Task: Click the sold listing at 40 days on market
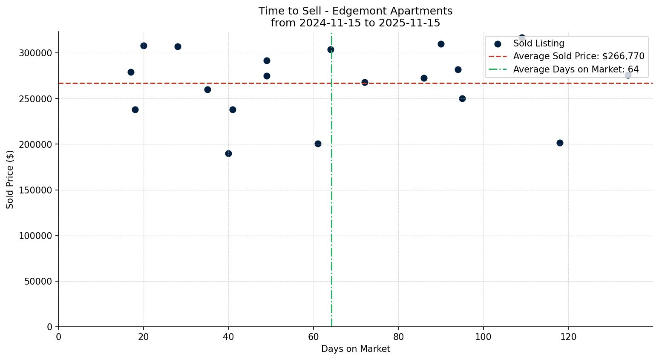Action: (228, 153)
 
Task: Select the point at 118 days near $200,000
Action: (560, 143)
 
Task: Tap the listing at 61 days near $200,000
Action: (318, 144)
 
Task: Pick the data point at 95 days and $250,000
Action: (462, 98)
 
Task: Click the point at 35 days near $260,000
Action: (207, 89)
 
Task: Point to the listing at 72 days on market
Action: (365, 82)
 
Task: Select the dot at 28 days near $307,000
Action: (178, 46)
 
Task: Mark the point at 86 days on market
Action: (424, 78)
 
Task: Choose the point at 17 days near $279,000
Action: (131, 72)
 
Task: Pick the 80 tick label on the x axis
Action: (398, 337)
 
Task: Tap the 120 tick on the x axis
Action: (568, 337)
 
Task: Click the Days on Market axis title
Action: (355, 349)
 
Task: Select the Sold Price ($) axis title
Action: (10, 179)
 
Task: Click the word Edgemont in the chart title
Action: (353, 11)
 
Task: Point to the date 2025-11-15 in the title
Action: (412, 23)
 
